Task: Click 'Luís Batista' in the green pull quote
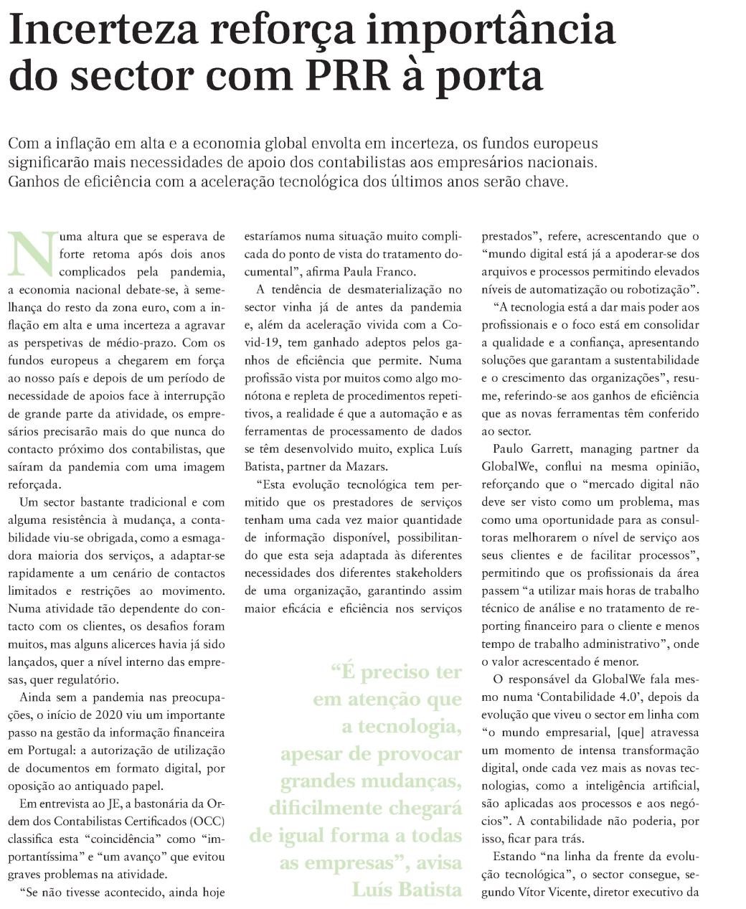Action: click(407, 890)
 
